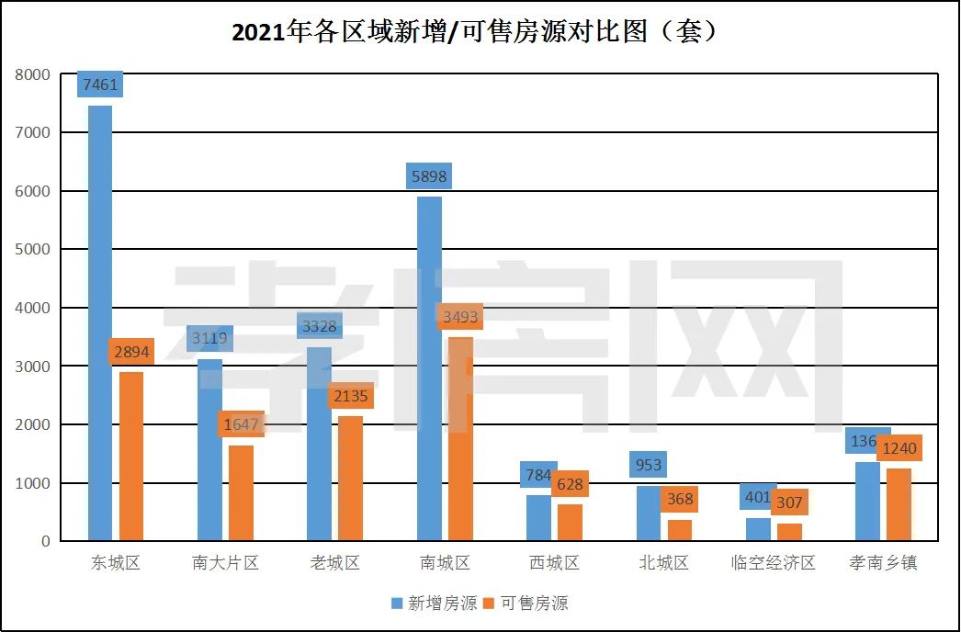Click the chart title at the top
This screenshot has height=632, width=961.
[474, 32]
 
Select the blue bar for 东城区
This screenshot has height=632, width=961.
[100, 322]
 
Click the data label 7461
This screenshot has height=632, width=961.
[100, 85]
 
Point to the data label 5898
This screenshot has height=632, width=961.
[429, 176]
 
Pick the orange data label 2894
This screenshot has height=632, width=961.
[131, 352]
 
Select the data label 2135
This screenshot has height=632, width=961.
[351, 396]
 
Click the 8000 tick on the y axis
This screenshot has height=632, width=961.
[33, 74]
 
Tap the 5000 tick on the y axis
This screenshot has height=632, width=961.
[33, 250]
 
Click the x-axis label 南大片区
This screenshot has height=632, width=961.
[225, 563]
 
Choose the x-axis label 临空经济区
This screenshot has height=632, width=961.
[773, 563]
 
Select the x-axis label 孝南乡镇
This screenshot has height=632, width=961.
[883, 563]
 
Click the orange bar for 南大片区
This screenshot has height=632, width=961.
[241, 493]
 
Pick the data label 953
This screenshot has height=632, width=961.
[649, 465]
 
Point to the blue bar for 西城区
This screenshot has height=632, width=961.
[538, 518]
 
